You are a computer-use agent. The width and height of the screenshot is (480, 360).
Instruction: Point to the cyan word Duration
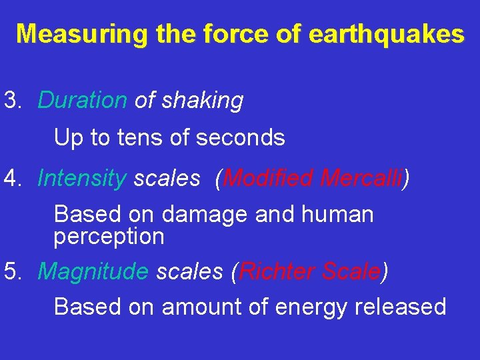pos(82,101)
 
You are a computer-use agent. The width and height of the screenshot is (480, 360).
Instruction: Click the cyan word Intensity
pos(81,178)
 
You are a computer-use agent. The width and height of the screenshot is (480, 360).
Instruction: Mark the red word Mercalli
pos(362,178)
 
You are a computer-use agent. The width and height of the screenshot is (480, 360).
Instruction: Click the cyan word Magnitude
pos(93,272)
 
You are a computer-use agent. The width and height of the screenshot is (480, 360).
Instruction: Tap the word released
pos(405,307)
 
